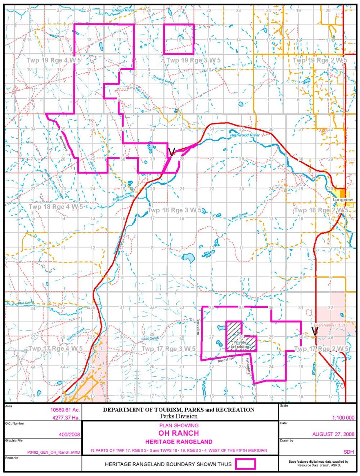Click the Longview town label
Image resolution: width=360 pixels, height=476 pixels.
click(x=342, y=199)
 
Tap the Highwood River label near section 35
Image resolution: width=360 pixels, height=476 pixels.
click(x=245, y=135)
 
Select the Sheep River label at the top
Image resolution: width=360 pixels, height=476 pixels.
click(x=123, y=10)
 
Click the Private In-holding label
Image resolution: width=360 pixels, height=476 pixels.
click(x=240, y=345)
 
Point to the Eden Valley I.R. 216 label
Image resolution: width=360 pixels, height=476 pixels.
click(x=330, y=325)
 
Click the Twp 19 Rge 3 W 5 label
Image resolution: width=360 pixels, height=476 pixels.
click(x=193, y=60)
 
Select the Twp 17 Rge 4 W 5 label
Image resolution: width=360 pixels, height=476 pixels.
click(x=55, y=349)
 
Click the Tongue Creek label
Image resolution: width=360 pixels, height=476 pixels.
click(x=163, y=80)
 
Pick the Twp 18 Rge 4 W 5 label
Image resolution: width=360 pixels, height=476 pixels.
click(x=55, y=207)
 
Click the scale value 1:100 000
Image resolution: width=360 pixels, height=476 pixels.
click(x=343, y=418)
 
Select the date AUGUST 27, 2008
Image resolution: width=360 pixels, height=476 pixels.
click(x=333, y=434)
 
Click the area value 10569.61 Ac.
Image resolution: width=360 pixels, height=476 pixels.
click(x=65, y=410)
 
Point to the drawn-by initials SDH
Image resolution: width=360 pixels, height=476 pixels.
click(x=348, y=452)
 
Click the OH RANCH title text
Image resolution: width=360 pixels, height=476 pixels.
click(x=179, y=433)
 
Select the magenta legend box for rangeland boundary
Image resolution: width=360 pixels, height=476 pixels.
click(x=246, y=464)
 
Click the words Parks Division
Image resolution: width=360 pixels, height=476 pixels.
click(x=179, y=416)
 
